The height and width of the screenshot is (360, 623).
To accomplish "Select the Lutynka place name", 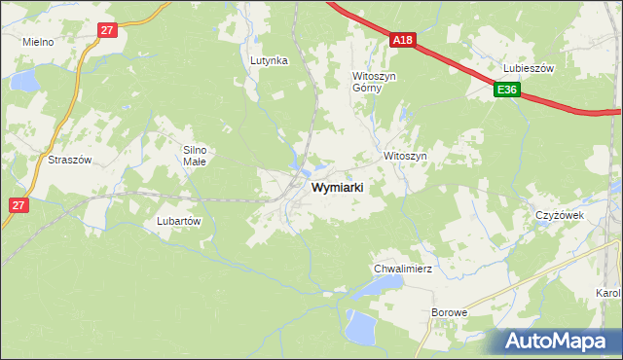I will (269, 60).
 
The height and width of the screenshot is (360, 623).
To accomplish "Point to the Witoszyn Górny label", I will (374, 81).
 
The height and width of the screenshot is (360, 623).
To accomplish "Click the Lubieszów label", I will (529, 68).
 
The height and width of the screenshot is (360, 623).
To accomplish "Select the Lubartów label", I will (178, 221).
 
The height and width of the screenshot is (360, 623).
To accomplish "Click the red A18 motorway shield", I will (404, 40).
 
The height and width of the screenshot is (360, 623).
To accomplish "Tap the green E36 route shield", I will (506, 90).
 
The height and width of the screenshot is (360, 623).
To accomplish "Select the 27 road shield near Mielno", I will (107, 30).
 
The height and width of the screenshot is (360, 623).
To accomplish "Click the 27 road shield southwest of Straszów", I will (18, 205).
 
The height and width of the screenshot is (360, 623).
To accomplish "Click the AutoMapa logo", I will (561, 341).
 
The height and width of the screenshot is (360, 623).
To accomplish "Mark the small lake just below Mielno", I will (25, 79).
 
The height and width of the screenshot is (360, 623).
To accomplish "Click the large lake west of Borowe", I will (361, 327).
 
